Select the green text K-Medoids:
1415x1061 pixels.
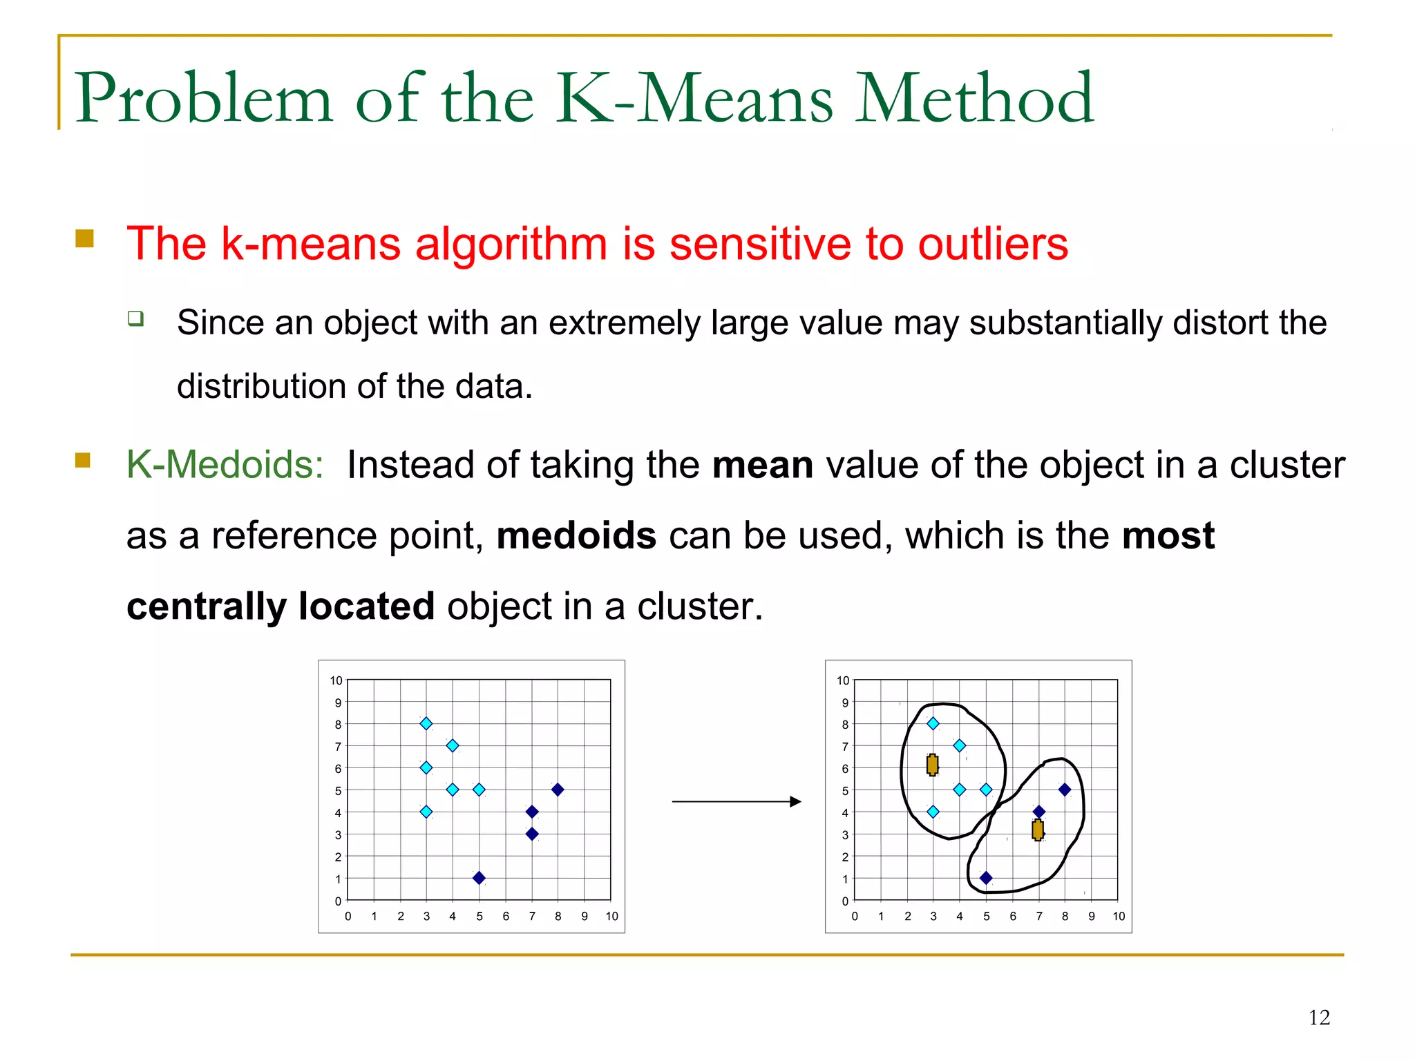(x=225, y=464)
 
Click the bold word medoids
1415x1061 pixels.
(x=576, y=536)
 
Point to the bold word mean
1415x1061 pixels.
(x=762, y=465)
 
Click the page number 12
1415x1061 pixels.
(x=1319, y=1017)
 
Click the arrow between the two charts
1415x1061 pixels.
(x=737, y=801)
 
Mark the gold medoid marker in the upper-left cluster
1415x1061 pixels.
(x=932, y=765)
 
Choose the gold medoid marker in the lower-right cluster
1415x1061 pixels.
(x=1037, y=830)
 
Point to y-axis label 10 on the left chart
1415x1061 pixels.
(x=336, y=680)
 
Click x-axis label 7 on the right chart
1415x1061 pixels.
(x=1038, y=916)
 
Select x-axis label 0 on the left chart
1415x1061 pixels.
(x=348, y=916)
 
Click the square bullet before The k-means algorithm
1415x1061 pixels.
(x=84, y=238)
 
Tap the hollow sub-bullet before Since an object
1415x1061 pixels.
(x=135, y=318)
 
